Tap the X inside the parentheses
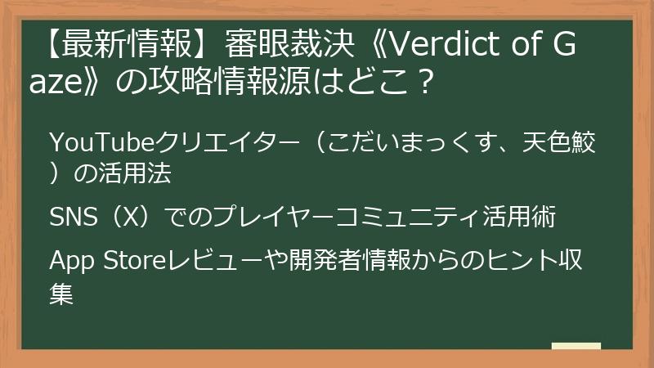tap(128, 218)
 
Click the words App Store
tap(107, 262)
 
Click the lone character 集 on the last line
tap(62, 293)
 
